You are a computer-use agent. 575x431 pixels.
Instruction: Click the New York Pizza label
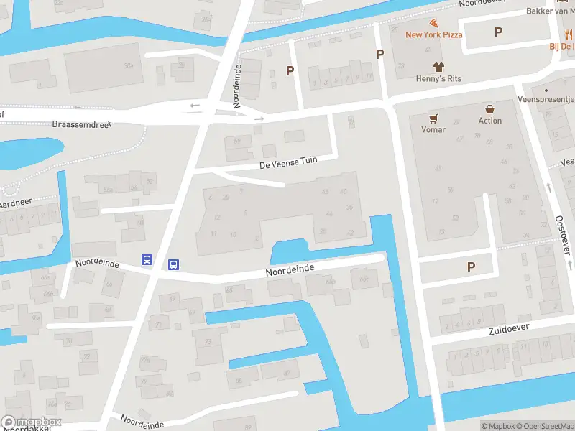click(433, 34)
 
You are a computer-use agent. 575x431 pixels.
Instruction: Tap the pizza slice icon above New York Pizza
click(433, 23)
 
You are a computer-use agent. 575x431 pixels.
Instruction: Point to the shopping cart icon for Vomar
click(433, 118)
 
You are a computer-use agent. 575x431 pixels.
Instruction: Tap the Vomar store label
click(433, 130)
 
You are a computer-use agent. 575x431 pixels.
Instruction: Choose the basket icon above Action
click(490, 109)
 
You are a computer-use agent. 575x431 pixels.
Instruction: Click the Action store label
click(490, 121)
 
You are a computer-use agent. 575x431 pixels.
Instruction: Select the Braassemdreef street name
click(80, 124)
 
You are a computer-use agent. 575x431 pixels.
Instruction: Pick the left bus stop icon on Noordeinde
click(147, 260)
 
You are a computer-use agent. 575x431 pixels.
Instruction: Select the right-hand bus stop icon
click(173, 264)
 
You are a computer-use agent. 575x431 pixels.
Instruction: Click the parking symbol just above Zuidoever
click(471, 267)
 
